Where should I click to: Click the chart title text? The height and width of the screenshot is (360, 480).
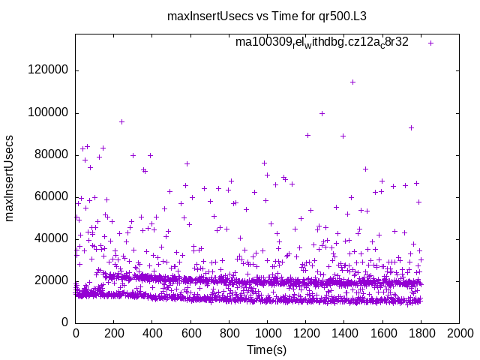coord(240,15)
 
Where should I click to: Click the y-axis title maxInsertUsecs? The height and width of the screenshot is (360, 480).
coord(10,178)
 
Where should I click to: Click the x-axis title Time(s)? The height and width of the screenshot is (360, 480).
coord(267,349)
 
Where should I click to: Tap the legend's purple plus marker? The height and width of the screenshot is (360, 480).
coord(430,43)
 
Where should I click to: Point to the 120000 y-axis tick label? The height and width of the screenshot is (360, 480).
coord(48,70)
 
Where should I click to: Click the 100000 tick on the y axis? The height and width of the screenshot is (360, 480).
coord(48,112)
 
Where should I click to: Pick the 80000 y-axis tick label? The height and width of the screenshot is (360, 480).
coord(51,154)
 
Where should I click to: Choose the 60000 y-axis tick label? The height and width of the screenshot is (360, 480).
coord(51,196)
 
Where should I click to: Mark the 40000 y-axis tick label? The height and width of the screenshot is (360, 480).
coord(51,238)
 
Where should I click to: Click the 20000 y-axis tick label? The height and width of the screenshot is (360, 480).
coord(51,280)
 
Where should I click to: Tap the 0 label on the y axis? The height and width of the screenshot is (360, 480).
coord(65,322)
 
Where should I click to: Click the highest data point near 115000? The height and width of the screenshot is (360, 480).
coord(352,82)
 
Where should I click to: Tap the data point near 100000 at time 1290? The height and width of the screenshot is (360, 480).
coord(322,114)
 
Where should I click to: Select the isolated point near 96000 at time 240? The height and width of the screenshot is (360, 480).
coord(121,121)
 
